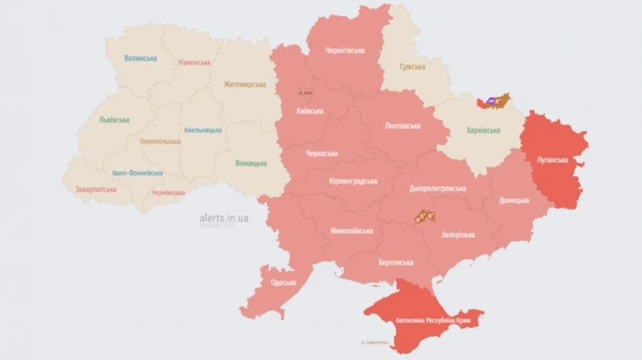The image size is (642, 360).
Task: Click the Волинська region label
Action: coord(141,58)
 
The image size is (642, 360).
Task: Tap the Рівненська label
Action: coord(194,62)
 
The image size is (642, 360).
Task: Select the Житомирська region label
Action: coord(244,84)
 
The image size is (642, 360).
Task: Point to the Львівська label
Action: coord(114,120)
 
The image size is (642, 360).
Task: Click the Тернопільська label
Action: coord(160,141)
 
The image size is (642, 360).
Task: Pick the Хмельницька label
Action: coord(203,130)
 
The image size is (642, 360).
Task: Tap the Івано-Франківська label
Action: coord(137,173)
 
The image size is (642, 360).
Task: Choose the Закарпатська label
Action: coord(95,190)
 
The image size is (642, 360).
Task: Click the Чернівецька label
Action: coord(168,192)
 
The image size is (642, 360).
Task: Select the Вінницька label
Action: coord(251,163)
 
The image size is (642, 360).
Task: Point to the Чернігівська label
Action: coord(345,51)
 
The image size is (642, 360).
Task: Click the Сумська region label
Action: coord(412,66)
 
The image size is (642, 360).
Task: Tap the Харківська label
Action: coord(483,130)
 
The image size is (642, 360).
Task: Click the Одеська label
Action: coord(283,282)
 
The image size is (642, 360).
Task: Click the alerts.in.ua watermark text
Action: coord(224,217)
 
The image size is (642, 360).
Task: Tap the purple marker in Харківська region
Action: coord(491,102)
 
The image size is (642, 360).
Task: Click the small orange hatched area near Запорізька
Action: coord(425,216)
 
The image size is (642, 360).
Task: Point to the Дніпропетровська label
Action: coord(438,188)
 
